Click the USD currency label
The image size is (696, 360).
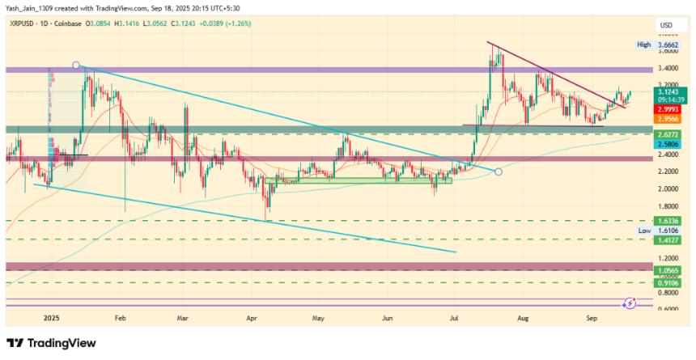(666, 25)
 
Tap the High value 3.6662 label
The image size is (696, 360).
(665, 45)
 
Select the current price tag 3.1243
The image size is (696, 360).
(666, 91)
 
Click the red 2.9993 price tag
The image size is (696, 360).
(666, 109)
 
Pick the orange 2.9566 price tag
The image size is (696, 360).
(666, 118)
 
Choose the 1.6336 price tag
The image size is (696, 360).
(666, 220)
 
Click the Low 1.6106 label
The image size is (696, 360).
(666, 231)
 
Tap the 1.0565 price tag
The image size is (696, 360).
(666, 270)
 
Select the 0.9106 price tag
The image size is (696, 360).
(666, 282)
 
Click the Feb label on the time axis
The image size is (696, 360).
(121, 320)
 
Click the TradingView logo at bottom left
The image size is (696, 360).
(50, 343)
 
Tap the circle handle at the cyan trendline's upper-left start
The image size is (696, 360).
(76, 65)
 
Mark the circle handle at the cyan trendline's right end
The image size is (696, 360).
(498, 172)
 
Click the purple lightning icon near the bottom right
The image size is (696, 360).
(630, 303)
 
